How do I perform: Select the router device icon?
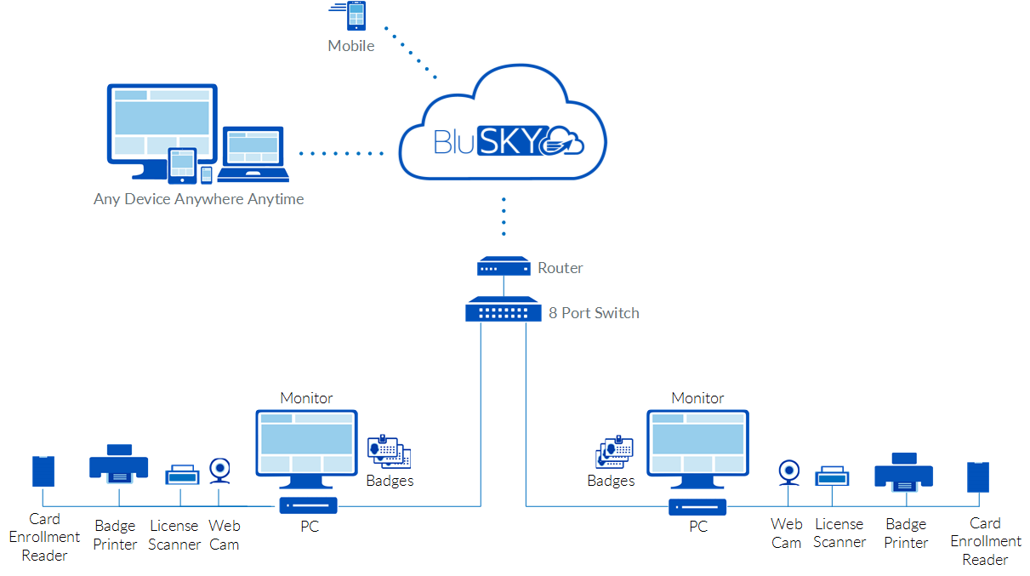tap(503, 267)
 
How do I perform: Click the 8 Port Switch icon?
tap(503, 310)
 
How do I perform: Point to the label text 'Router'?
tap(560, 268)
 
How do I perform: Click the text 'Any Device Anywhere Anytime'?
tap(198, 199)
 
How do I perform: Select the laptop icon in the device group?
tap(253, 155)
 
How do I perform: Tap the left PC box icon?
tap(309, 506)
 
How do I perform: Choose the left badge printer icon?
tap(119, 464)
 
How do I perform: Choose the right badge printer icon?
tap(903, 472)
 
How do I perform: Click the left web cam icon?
tap(219, 470)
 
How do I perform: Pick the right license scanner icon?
tap(831, 476)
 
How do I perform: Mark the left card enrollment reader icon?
tap(43, 470)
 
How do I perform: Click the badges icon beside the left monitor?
tap(390, 452)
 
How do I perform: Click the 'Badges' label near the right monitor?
tap(611, 481)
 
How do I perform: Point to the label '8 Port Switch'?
tap(594, 312)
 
